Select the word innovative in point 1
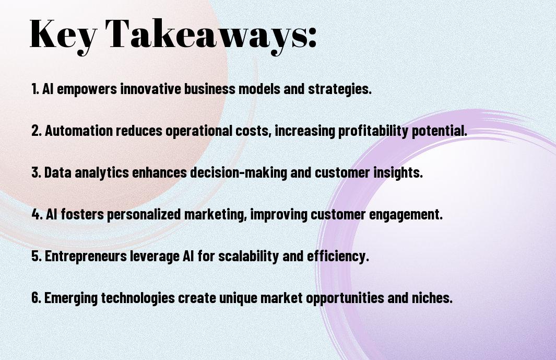(x=151, y=89)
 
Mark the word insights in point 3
(x=398, y=173)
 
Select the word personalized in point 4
(x=144, y=215)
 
